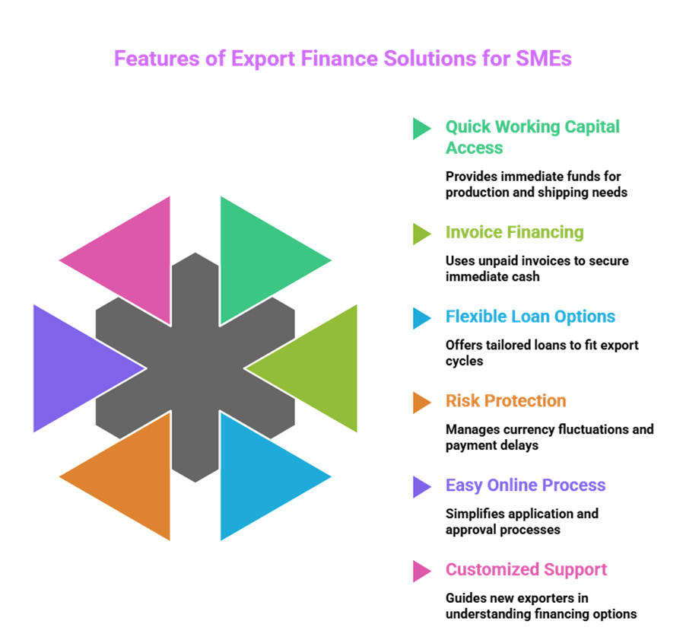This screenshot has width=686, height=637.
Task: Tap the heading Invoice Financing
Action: pyautogui.click(x=514, y=232)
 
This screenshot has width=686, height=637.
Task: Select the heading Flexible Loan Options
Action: pyautogui.click(x=530, y=317)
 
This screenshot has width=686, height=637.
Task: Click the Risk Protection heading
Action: pyautogui.click(x=506, y=401)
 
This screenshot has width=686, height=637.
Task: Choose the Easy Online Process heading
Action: pyautogui.click(x=526, y=486)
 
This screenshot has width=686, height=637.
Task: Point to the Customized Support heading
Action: pyautogui.click(x=526, y=570)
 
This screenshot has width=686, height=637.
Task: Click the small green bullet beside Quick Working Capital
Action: pyautogui.click(x=421, y=128)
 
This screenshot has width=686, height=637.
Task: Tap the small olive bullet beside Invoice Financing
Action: pyautogui.click(x=421, y=233)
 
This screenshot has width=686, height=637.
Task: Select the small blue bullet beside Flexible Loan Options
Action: pyautogui.click(x=421, y=317)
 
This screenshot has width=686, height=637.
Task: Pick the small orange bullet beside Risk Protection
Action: pyautogui.click(x=421, y=402)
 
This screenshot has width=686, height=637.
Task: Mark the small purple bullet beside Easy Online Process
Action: pyautogui.click(x=421, y=486)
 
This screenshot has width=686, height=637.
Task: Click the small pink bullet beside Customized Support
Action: pyautogui.click(x=421, y=571)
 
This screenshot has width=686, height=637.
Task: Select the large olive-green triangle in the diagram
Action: pyautogui.click(x=319, y=368)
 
